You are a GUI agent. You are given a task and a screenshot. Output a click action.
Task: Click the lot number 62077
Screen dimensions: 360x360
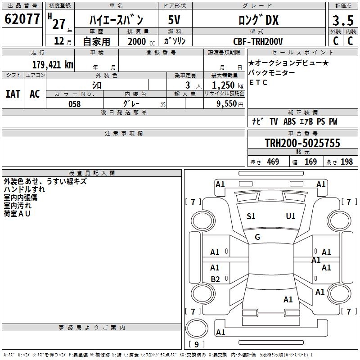click(x=22, y=19)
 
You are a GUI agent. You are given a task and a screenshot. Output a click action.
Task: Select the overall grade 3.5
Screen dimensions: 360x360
click(x=343, y=20)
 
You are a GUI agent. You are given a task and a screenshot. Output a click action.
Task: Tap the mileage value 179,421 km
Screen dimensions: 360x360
click(x=53, y=65)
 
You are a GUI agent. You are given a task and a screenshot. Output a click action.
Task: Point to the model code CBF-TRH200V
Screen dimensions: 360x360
click(x=258, y=41)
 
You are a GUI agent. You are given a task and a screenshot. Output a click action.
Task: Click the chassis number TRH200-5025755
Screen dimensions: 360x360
click(x=302, y=143)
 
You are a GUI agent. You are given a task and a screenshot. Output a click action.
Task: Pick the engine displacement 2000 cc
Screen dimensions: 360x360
click(x=141, y=41)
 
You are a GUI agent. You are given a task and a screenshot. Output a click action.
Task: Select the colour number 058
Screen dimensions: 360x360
click(x=74, y=104)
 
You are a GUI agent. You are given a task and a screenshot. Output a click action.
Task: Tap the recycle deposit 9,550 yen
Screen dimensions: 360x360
click(x=230, y=104)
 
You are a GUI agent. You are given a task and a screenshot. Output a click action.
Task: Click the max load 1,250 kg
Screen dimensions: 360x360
click(x=228, y=85)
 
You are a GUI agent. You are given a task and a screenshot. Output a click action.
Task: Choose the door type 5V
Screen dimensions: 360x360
click(x=174, y=20)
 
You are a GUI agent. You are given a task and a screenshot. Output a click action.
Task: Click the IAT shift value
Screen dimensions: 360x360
click(x=13, y=94)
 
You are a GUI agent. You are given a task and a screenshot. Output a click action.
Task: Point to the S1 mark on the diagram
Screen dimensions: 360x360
click(x=251, y=216)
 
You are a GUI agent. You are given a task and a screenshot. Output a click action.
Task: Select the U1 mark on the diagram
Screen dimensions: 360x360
click(x=290, y=216)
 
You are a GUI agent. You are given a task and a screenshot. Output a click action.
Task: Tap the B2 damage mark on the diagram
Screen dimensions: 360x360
click(x=215, y=279)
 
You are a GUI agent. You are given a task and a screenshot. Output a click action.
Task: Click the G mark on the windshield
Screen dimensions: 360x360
click(x=257, y=237)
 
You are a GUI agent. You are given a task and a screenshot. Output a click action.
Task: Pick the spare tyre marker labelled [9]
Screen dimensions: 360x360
click(x=196, y=344)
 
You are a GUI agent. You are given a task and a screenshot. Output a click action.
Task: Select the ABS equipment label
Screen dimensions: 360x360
click(x=289, y=121)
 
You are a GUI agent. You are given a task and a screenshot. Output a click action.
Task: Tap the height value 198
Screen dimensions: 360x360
click(x=346, y=162)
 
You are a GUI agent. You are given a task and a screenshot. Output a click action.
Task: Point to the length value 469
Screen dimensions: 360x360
click(x=273, y=162)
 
